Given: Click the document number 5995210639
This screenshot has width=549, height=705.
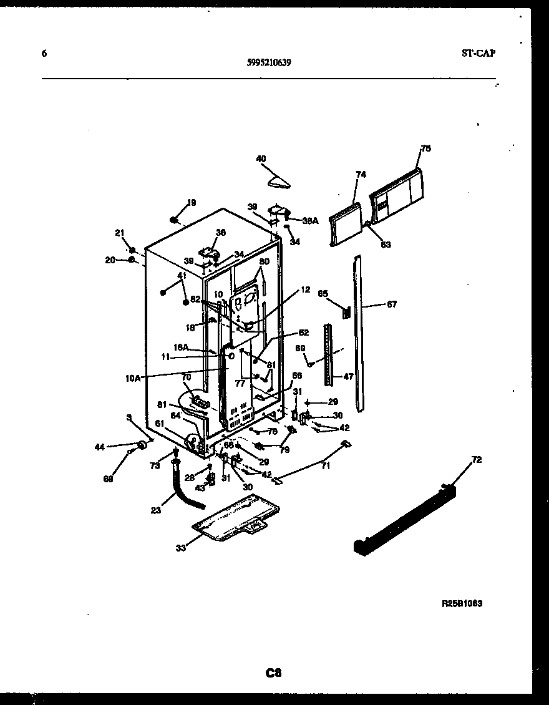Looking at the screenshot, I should coord(269,62).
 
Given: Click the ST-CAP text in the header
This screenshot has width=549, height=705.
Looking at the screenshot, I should coord(479,54).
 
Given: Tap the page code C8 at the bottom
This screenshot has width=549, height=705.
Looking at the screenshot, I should coord(273,673).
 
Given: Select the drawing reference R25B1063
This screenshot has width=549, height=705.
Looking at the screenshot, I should coord(462,604).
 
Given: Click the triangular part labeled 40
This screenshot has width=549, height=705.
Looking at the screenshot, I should coord(278,181).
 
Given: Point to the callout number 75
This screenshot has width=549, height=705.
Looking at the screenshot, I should coord(426,148).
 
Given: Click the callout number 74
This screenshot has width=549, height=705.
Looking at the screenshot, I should coord(361,175).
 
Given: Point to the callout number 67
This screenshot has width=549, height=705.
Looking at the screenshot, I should coord(391,304).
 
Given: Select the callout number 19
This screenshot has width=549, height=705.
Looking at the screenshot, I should coord(192,202).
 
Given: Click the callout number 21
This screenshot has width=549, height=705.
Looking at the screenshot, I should coord(119,233).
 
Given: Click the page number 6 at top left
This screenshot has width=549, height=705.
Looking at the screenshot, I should coord(44,54).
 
